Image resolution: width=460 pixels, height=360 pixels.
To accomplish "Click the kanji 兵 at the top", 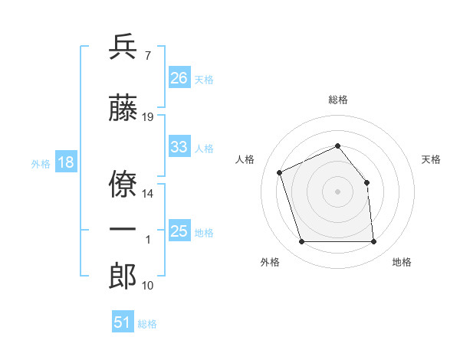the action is (123, 47).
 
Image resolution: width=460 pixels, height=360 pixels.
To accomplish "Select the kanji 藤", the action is (123, 107).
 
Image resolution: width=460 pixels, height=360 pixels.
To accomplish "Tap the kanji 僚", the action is (123, 184).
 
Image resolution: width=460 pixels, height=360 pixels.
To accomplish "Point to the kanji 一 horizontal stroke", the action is (123, 229).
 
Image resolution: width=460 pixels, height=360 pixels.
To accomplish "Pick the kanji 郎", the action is (123, 276).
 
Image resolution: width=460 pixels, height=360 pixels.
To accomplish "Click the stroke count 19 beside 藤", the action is (147, 117).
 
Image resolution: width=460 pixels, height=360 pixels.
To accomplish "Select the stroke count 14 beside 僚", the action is (147, 194).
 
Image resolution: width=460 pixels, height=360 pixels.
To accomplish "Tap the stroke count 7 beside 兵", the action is (148, 56).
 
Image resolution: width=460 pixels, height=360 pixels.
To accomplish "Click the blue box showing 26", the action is (179, 77).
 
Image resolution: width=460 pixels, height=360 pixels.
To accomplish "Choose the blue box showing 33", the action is (179, 146).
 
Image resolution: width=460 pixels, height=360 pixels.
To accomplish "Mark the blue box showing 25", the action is (179, 230).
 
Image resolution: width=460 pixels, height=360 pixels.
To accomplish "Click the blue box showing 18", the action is (66, 162).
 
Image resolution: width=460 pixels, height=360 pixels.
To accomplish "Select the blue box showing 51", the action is (123, 321).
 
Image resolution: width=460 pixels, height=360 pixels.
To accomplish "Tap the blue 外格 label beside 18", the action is (41, 164).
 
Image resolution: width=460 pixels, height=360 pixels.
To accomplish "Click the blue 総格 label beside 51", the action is (147, 324).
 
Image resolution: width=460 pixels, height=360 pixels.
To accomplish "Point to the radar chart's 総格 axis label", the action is (338, 100).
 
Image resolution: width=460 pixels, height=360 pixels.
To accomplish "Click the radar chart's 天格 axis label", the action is (431, 159).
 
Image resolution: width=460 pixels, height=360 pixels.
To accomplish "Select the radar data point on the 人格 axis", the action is (280, 172).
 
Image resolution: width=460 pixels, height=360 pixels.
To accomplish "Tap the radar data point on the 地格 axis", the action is (373, 241).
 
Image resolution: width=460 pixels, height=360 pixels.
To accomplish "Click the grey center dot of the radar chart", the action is (337, 191).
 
